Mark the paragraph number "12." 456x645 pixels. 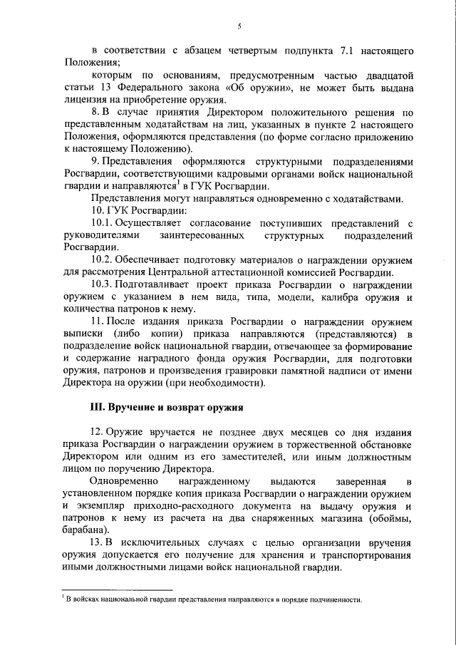pos(100,433)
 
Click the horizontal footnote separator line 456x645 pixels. pos(117,589)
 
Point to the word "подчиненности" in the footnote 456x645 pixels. pos(334,599)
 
